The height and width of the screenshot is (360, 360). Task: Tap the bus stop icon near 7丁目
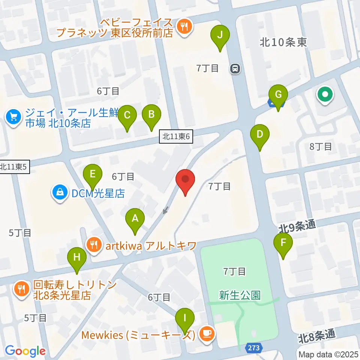point(235,69)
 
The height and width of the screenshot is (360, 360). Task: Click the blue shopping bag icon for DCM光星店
point(60,193)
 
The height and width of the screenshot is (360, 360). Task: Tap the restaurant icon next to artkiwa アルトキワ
point(93,246)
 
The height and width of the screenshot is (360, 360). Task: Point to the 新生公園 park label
point(240,295)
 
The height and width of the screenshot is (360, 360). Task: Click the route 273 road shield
point(253,348)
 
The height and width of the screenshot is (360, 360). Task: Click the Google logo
point(25,351)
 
